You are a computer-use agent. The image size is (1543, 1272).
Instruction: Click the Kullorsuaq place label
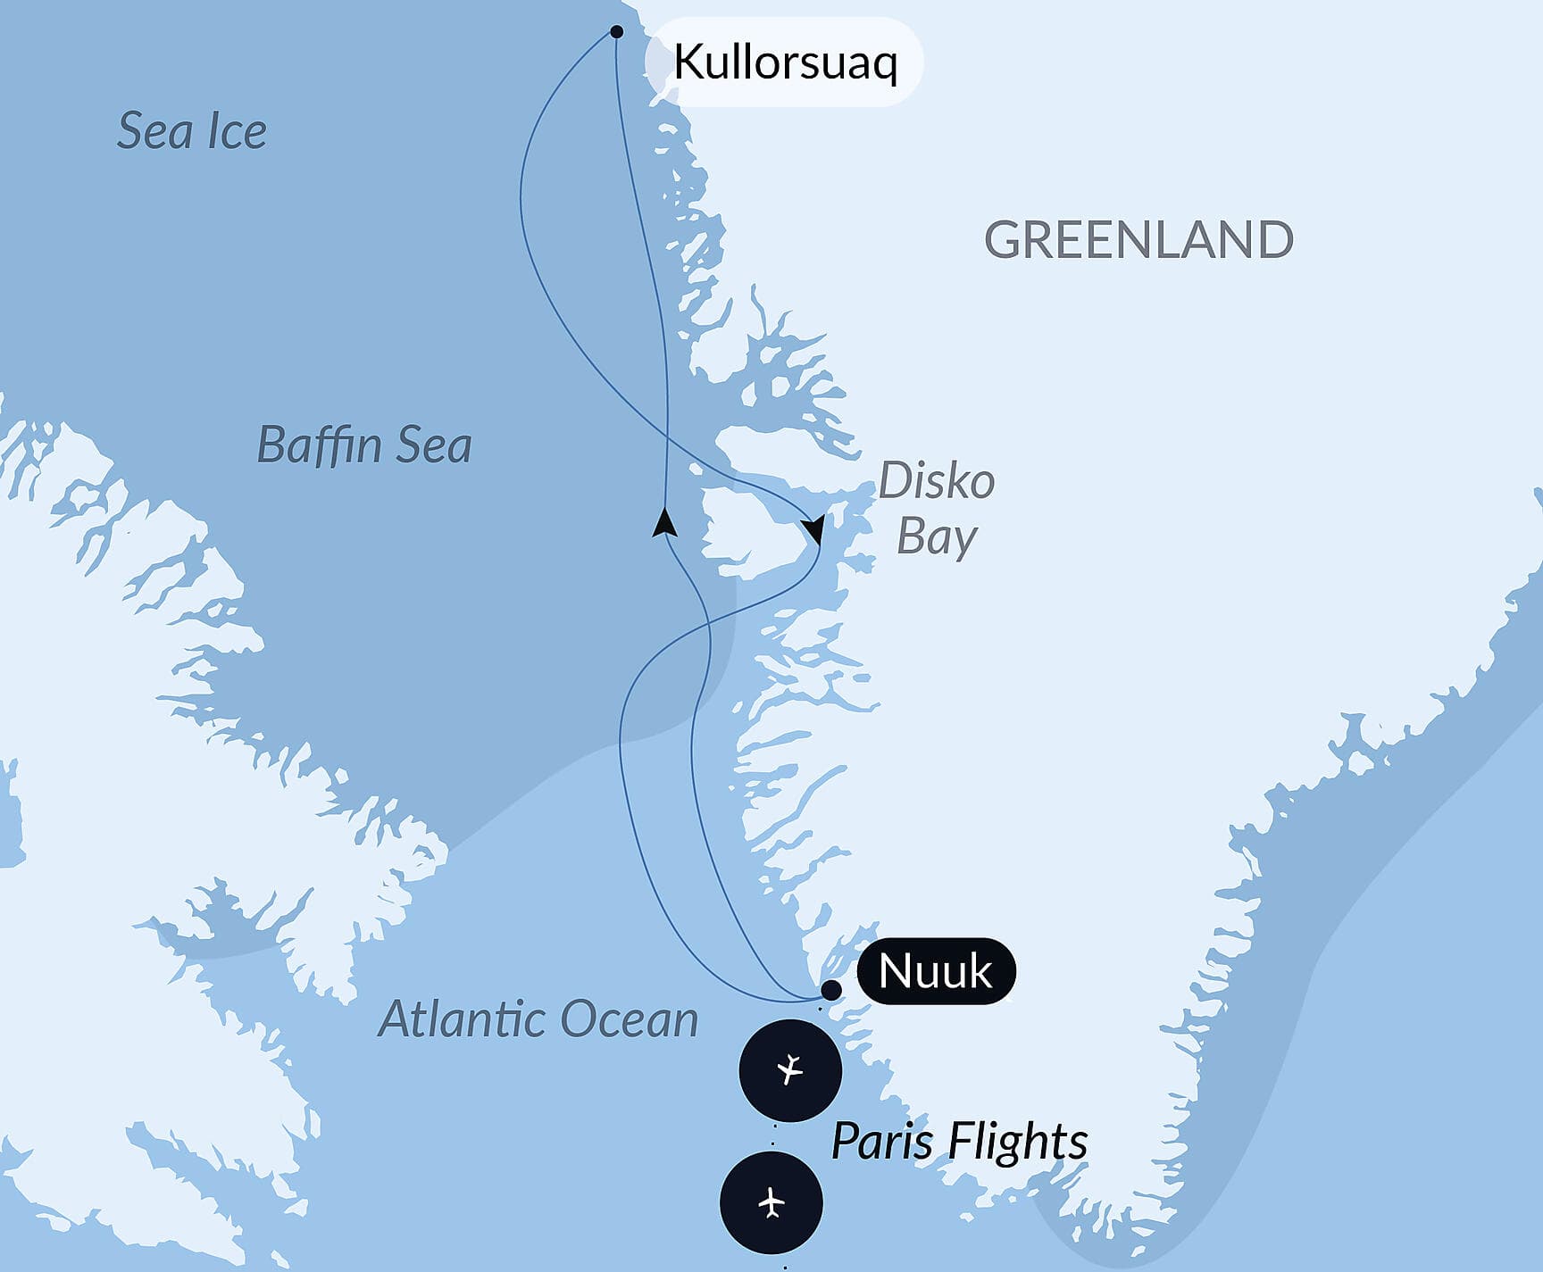tap(785, 62)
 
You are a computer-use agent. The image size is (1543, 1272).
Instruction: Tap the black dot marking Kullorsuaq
tap(616, 32)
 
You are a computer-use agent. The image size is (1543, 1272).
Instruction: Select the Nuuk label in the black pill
tap(935, 971)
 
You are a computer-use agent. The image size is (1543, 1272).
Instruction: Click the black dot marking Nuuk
tap(830, 990)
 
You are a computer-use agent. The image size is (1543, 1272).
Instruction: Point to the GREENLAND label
tap(1138, 240)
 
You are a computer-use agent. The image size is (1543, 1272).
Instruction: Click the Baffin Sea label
tap(363, 445)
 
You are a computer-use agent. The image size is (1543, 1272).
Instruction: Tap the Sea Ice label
tap(192, 131)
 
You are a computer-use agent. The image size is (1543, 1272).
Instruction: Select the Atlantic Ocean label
tap(538, 1019)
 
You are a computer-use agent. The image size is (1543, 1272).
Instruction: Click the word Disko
tap(937, 482)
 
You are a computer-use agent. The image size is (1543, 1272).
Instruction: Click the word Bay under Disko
tap(937, 537)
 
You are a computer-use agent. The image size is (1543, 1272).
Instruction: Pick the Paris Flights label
tap(959, 1141)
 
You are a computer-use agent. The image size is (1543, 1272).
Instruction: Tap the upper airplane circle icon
tap(790, 1069)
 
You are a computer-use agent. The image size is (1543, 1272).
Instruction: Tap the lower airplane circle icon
tap(771, 1202)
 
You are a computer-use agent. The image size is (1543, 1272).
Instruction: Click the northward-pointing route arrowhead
tap(663, 522)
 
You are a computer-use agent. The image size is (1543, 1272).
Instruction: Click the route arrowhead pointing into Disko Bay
tap(813, 530)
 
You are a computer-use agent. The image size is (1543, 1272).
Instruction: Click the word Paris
tap(882, 1141)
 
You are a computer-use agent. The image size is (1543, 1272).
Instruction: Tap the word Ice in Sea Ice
tap(237, 131)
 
